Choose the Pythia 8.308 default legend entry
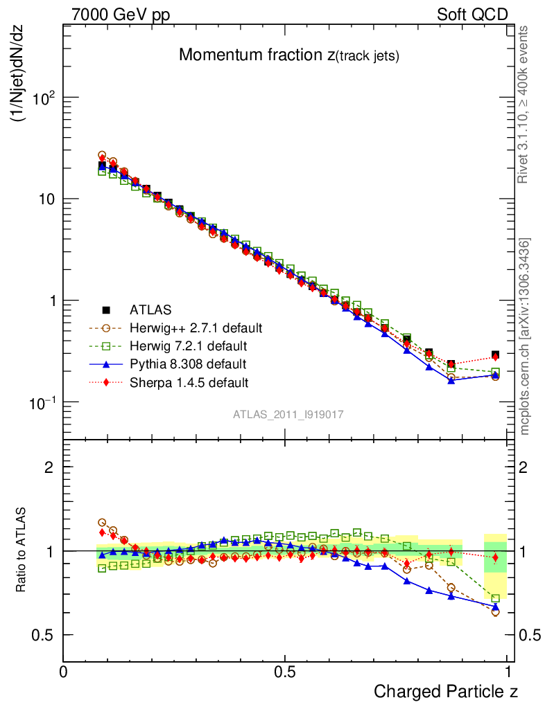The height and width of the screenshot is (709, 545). [x=187, y=364]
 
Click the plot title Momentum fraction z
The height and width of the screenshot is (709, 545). [x=289, y=56]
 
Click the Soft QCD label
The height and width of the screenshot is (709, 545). [x=472, y=15]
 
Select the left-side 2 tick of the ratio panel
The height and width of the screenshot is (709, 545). [x=49, y=467]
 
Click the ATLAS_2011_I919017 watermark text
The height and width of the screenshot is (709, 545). [x=288, y=415]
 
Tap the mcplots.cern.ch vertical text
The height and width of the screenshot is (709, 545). [x=525, y=336]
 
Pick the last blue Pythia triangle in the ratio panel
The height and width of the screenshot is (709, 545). [x=495, y=607]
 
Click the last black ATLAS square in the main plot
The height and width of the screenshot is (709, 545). [x=495, y=355]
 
